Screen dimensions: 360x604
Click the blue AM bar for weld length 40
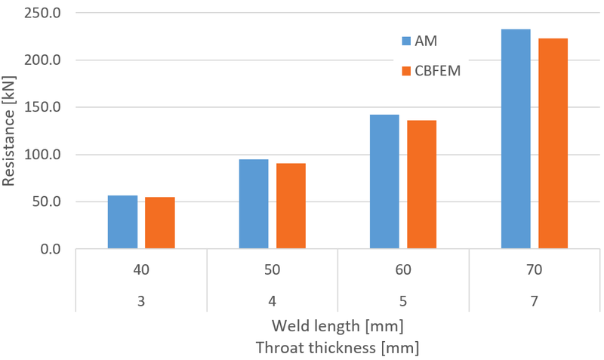pyautogui.click(x=122, y=222)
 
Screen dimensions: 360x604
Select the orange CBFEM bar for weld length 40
pyautogui.click(x=160, y=223)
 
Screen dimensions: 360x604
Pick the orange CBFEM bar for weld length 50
pyautogui.click(x=291, y=205)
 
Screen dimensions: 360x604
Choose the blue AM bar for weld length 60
pyautogui.click(x=384, y=181)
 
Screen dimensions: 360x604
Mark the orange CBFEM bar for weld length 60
pyautogui.click(x=421, y=184)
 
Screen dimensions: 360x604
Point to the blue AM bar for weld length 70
pyautogui.click(x=516, y=139)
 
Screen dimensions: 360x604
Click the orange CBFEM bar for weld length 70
pyautogui.click(x=553, y=143)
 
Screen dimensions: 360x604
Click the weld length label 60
pyautogui.click(x=403, y=269)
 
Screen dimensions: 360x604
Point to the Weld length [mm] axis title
pyautogui.click(x=337, y=327)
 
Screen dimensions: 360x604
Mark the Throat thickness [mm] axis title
pyautogui.click(x=337, y=348)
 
